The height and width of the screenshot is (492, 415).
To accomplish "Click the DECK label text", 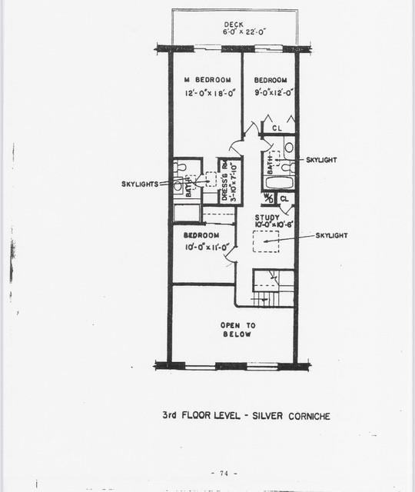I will pyautogui.click(x=232, y=25).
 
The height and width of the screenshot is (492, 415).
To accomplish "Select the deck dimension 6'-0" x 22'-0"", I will pyautogui.click(x=232, y=32).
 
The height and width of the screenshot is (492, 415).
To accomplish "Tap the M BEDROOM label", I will pyautogui.click(x=207, y=80).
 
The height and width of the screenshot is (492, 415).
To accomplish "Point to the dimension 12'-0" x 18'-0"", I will pyautogui.click(x=207, y=93).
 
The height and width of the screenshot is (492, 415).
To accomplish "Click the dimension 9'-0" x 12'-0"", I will pyautogui.click(x=271, y=91).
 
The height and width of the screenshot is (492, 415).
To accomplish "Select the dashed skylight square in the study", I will pyautogui.click(x=266, y=240).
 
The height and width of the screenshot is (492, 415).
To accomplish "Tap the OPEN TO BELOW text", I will pyautogui.click(x=237, y=330).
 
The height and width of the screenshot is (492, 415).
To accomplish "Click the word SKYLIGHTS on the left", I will pyautogui.click(x=140, y=184).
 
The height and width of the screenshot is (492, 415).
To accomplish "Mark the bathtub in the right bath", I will pyautogui.click(x=277, y=184).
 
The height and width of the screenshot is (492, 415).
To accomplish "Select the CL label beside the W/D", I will pyautogui.click(x=284, y=198).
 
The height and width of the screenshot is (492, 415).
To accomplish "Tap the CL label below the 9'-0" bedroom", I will pyautogui.click(x=277, y=128).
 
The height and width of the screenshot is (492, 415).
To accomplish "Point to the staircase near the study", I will pyautogui.click(x=274, y=287).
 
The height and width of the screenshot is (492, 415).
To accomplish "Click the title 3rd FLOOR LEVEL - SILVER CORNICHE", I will pyautogui.click(x=246, y=415).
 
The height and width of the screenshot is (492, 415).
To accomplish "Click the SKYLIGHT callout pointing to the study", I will pyautogui.click(x=332, y=236).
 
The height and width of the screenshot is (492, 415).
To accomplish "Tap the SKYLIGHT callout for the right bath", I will pyautogui.click(x=321, y=160).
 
